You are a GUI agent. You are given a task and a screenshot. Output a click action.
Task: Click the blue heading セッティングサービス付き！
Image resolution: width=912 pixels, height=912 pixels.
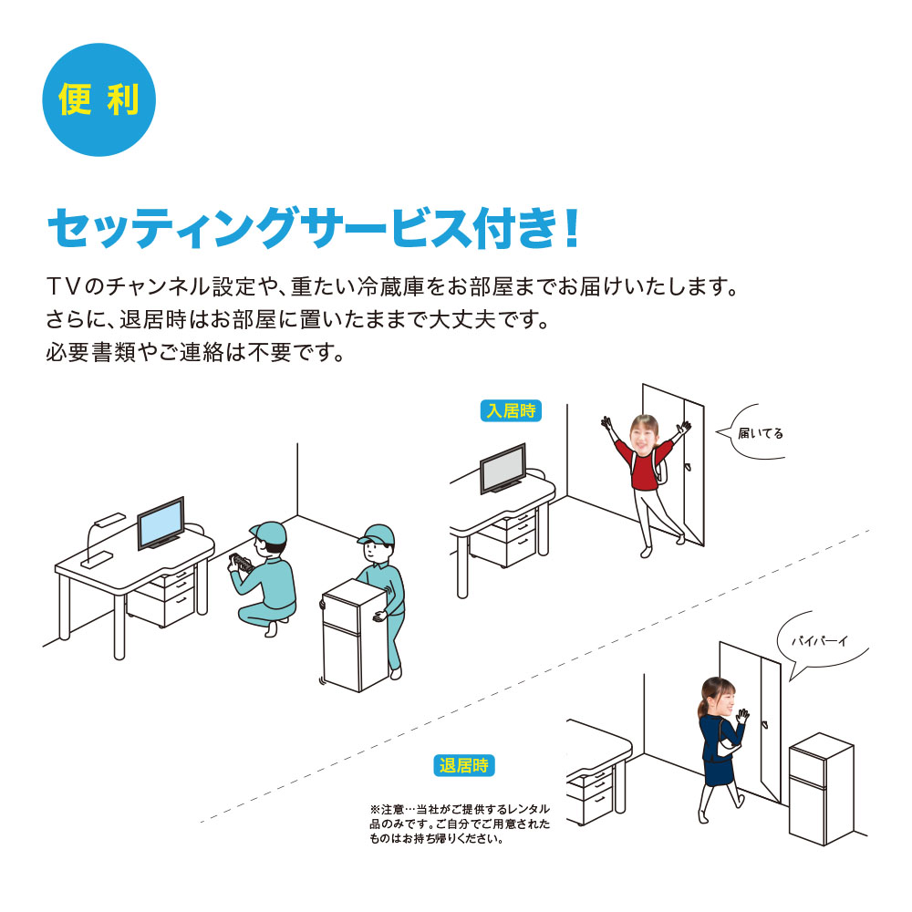click(313, 228)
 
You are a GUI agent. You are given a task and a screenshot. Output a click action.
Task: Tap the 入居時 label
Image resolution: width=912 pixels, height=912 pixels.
click(511, 410)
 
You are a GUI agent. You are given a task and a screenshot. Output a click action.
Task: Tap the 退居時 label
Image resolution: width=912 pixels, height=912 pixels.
click(465, 765)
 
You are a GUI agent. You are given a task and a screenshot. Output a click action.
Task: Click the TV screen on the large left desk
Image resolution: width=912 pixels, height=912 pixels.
click(161, 524)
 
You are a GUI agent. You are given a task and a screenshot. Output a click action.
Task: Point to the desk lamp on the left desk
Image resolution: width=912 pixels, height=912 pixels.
click(102, 538)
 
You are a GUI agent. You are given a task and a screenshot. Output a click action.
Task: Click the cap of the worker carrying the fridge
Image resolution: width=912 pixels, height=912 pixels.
click(376, 534)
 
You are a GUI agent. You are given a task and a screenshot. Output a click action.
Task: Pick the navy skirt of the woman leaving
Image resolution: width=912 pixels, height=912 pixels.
click(719, 767)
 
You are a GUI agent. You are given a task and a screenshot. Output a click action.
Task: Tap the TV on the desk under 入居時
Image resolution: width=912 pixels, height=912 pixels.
click(503, 468)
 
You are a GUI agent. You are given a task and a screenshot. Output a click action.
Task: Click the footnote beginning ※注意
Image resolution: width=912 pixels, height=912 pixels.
click(460, 824)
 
